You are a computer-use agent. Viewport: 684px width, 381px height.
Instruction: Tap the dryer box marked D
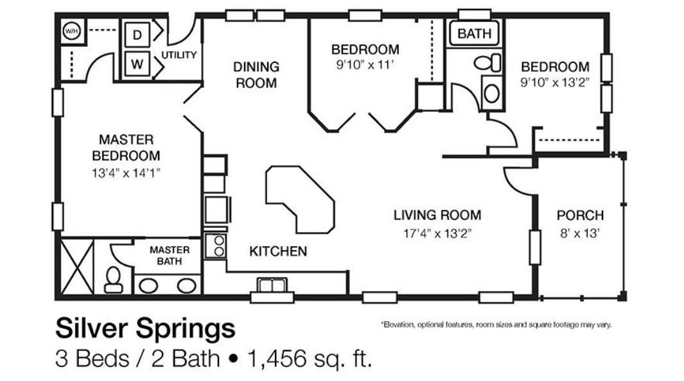click(x=137, y=36)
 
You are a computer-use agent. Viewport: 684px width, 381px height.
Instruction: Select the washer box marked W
click(x=137, y=64)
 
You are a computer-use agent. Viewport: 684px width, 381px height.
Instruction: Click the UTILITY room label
click(x=179, y=55)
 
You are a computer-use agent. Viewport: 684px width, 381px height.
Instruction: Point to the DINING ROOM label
click(x=256, y=75)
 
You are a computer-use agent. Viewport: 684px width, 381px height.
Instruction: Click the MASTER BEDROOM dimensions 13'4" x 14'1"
click(x=126, y=172)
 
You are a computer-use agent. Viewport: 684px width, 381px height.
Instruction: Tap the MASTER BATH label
click(x=170, y=255)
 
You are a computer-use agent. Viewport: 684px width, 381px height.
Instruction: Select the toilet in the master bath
click(x=114, y=280)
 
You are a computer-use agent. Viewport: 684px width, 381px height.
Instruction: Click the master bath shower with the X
click(x=76, y=266)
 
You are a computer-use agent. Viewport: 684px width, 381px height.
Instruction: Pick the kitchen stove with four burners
click(x=215, y=246)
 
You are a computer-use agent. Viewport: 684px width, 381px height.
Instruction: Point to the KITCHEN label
click(x=278, y=251)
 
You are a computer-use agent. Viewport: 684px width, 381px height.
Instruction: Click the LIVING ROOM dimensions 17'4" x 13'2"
click(x=437, y=233)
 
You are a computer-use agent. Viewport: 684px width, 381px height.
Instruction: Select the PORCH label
click(x=580, y=216)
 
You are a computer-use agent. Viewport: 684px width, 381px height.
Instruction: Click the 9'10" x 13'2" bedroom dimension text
click(x=555, y=82)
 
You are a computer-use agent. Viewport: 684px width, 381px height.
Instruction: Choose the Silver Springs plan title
click(x=145, y=329)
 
